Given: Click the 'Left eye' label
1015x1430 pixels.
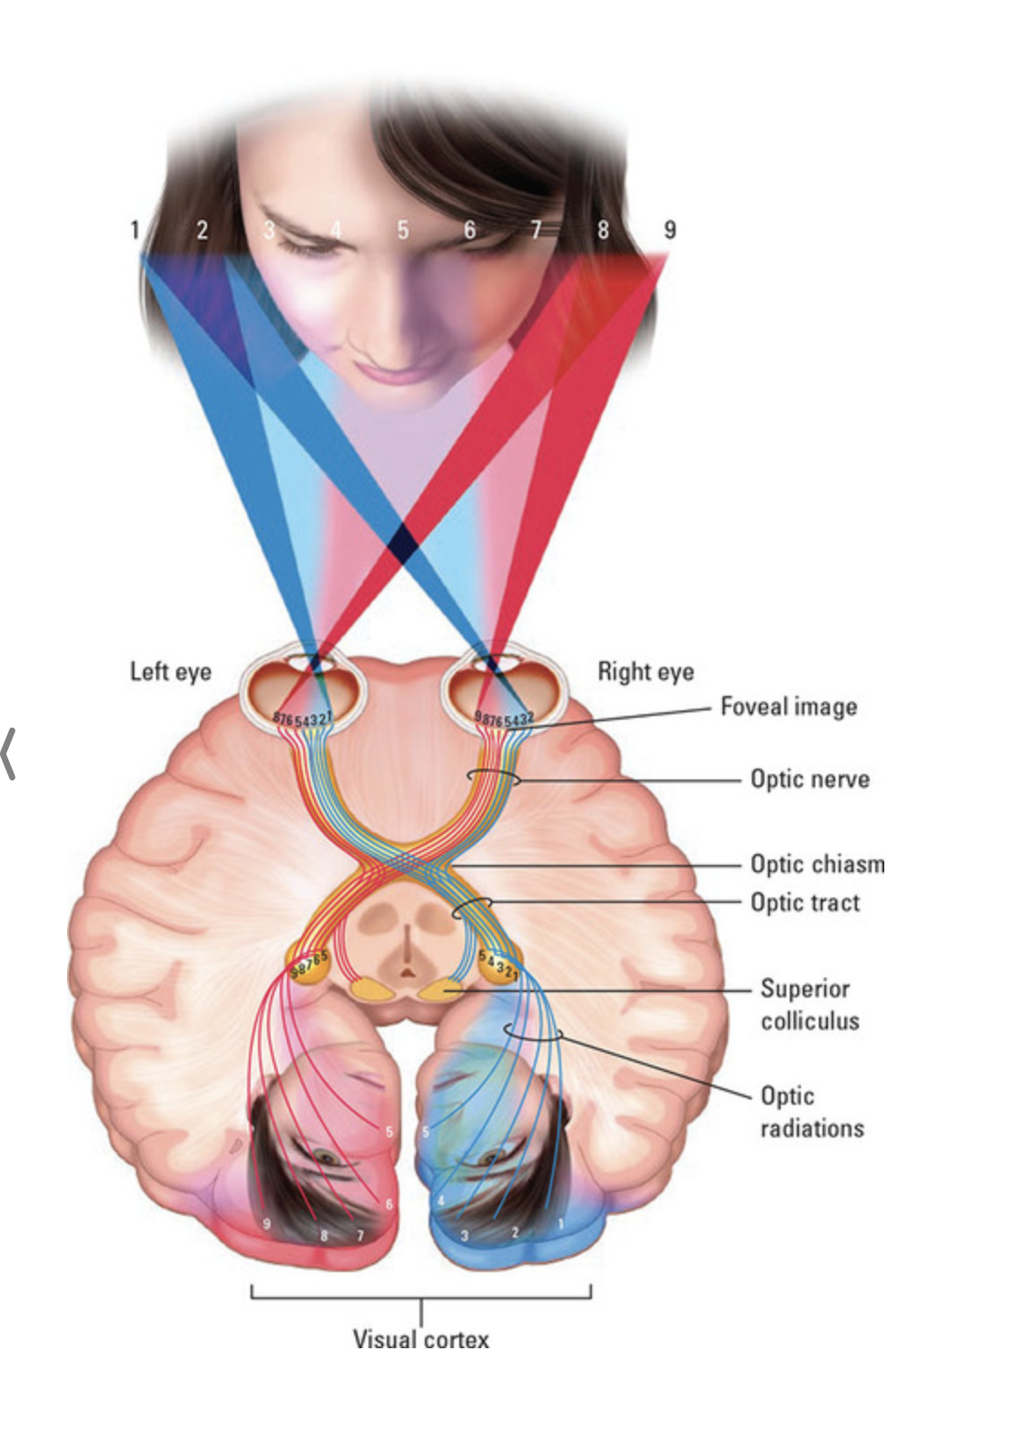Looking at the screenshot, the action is (x=170, y=671).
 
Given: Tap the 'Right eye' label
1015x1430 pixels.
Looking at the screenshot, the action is (x=645, y=671).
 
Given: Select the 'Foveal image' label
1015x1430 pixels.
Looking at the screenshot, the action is (x=788, y=706).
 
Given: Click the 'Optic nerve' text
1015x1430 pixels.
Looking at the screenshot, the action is (x=809, y=779).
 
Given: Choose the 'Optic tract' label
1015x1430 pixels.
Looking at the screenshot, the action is (x=804, y=902).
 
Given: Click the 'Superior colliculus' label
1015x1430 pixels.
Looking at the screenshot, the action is (x=808, y=1004).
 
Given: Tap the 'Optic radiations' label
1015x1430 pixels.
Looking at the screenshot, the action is (x=811, y=1111).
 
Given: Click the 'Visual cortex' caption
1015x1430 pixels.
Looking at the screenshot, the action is (x=420, y=1339).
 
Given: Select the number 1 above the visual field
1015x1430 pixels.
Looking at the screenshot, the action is (x=134, y=229).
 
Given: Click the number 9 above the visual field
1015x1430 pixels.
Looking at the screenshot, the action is (x=670, y=229).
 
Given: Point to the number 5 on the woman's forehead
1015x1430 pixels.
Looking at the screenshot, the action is (x=402, y=230).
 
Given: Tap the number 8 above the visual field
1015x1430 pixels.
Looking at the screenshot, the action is (x=603, y=229).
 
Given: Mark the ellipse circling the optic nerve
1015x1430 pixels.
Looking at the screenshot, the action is (x=493, y=778).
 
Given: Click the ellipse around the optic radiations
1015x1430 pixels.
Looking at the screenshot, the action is (x=534, y=1032).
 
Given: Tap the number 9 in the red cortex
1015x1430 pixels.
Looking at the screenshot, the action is (x=266, y=1223).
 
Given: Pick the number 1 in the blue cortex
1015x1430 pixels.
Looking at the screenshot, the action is (x=560, y=1223).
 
